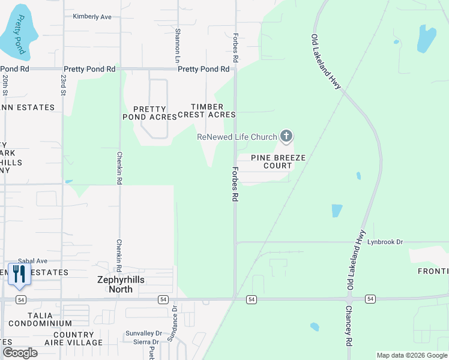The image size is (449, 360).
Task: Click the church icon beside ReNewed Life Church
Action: click(x=286, y=137)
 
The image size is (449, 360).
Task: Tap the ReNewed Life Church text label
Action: click(x=237, y=137)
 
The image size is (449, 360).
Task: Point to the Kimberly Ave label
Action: click(x=92, y=17)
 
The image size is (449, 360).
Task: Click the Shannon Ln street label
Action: click(x=178, y=46)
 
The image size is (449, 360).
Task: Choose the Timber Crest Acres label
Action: click(x=213, y=110)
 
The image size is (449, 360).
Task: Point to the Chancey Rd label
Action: click(x=349, y=326)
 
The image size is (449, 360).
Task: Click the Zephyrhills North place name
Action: click(x=121, y=284)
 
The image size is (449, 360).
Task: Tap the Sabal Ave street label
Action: click(x=32, y=261)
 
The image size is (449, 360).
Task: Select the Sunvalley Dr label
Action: click(x=144, y=333)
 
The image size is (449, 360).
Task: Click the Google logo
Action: click(x=20, y=353)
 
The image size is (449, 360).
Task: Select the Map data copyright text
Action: click(x=412, y=355)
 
